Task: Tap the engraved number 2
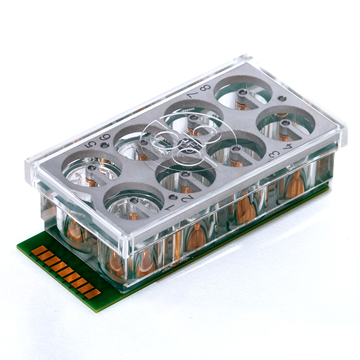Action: [x=187, y=198]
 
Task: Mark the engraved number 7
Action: [x=193, y=94]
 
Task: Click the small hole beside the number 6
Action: [x=105, y=145]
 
